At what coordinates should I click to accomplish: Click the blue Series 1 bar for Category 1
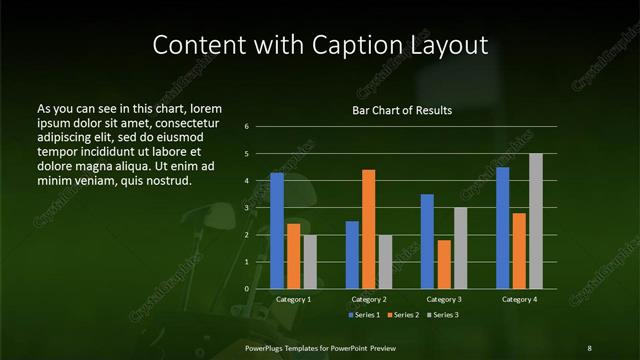click(x=277, y=231)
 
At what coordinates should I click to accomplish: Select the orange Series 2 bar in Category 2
click(x=369, y=229)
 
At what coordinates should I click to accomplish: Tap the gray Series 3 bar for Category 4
click(x=536, y=221)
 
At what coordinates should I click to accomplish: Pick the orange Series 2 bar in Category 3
click(x=444, y=264)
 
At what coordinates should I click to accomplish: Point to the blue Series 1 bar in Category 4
click(x=503, y=228)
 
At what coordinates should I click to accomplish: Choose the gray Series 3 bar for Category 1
click(x=310, y=262)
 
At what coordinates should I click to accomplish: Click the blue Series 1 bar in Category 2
click(x=352, y=255)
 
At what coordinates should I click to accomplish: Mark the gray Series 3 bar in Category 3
click(x=461, y=248)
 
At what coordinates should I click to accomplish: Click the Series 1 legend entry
click(x=364, y=315)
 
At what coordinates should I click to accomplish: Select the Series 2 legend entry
click(x=402, y=315)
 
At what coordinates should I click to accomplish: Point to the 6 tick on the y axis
click(x=260, y=127)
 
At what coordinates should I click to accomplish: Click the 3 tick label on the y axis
click(x=260, y=208)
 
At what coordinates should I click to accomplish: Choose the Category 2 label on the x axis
click(x=369, y=299)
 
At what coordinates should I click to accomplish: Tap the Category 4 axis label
click(x=519, y=299)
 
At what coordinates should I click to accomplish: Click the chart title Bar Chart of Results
click(x=402, y=110)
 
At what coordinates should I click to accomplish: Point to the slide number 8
click(x=589, y=347)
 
